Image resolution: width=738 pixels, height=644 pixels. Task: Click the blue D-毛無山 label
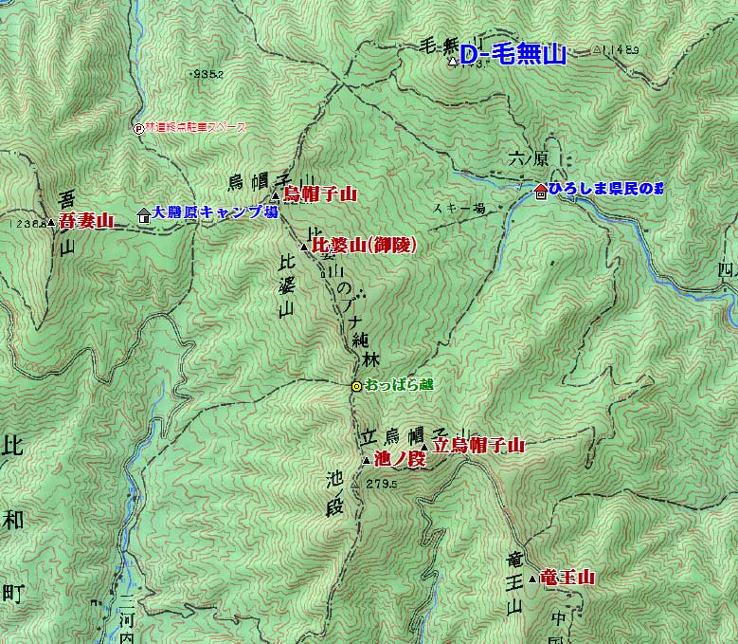click(513, 55)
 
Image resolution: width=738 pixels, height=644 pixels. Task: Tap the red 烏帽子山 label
click(320, 194)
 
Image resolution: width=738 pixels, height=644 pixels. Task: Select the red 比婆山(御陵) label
click(364, 246)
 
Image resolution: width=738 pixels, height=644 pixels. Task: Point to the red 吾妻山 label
click(85, 221)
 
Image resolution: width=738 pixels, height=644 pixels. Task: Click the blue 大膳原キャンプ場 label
click(215, 212)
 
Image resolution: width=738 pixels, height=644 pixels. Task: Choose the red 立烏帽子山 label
click(478, 444)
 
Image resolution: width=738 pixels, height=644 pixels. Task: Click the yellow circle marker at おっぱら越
click(356, 386)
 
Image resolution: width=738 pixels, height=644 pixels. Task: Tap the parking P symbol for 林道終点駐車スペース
click(138, 128)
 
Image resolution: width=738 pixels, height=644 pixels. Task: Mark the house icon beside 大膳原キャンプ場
click(144, 213)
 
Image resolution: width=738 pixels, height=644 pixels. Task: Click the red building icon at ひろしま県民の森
click(540, 191)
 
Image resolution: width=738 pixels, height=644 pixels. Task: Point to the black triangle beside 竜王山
click(533, 578)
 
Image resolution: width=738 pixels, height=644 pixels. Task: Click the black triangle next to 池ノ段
click(367, 460)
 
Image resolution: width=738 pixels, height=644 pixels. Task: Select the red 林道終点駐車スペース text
click(195, 128)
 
